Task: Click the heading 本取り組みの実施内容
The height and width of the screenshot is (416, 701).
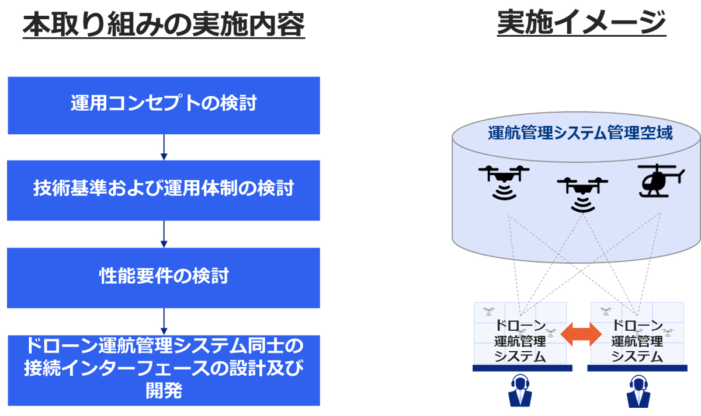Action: click(x=164, y=24)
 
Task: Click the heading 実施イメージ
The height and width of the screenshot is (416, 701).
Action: click(x=581, y=23)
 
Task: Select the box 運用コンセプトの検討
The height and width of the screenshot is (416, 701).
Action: click(x=164, y=106)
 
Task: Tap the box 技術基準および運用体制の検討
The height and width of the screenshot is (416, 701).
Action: click(x=164, y=190)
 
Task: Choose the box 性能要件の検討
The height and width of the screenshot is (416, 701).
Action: click(x=164, y=278)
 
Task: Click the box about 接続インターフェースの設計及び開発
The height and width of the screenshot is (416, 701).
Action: click(x=164, y=370)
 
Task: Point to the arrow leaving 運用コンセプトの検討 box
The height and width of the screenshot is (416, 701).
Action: click(x=164, y=147)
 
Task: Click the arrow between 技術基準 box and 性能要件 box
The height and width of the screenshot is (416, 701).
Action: click(x=164, y=234)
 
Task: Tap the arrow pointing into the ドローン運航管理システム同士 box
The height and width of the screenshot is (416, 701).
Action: click(x=164, y=321)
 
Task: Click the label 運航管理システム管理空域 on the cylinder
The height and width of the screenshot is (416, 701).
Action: click(x=580, y=133)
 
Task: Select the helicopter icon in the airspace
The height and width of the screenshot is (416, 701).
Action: click(x=661, y=181)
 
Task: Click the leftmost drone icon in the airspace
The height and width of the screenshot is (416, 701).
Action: click(x=504, y=183)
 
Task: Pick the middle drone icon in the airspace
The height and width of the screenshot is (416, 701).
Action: click(x=582, y=195)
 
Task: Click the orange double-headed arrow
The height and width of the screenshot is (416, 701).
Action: click(x=581, y=334)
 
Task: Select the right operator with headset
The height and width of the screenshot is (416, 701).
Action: click(x=638, y=391)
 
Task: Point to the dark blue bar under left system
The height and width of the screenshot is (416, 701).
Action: click(x=522, y=368)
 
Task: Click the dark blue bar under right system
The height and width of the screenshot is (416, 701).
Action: click(x=637, y=368)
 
